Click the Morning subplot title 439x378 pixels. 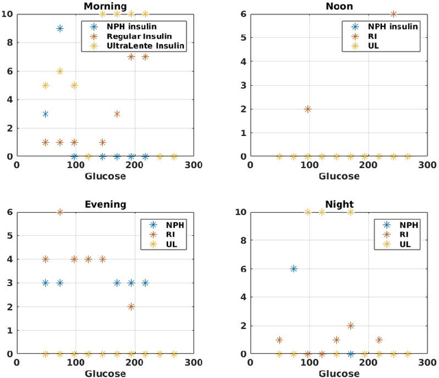[105, 6]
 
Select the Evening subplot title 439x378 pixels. [105, 204]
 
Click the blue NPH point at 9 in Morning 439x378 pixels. [60, 28]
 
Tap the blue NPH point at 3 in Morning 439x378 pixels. [45, 114]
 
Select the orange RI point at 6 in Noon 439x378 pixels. [393, 14]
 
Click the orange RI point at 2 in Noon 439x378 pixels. [307, 109]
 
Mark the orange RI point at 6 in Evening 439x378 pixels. [60, 212]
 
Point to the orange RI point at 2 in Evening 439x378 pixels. [131, 307]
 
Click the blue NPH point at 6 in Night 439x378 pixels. [294, 269]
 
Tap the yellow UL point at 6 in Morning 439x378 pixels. [60, 71]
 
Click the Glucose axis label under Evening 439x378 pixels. [105, 374]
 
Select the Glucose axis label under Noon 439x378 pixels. [339, 176]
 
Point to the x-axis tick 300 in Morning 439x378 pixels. [193, 165]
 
